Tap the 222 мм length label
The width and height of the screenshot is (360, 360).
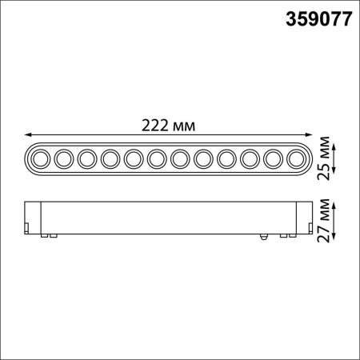169,126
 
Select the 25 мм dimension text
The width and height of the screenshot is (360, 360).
325,157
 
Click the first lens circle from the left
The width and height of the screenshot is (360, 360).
40,158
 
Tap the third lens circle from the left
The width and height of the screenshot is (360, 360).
87,158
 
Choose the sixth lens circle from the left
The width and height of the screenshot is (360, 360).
157,158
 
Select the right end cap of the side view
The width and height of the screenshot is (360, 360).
305,218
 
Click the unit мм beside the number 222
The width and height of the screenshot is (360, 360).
184,126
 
